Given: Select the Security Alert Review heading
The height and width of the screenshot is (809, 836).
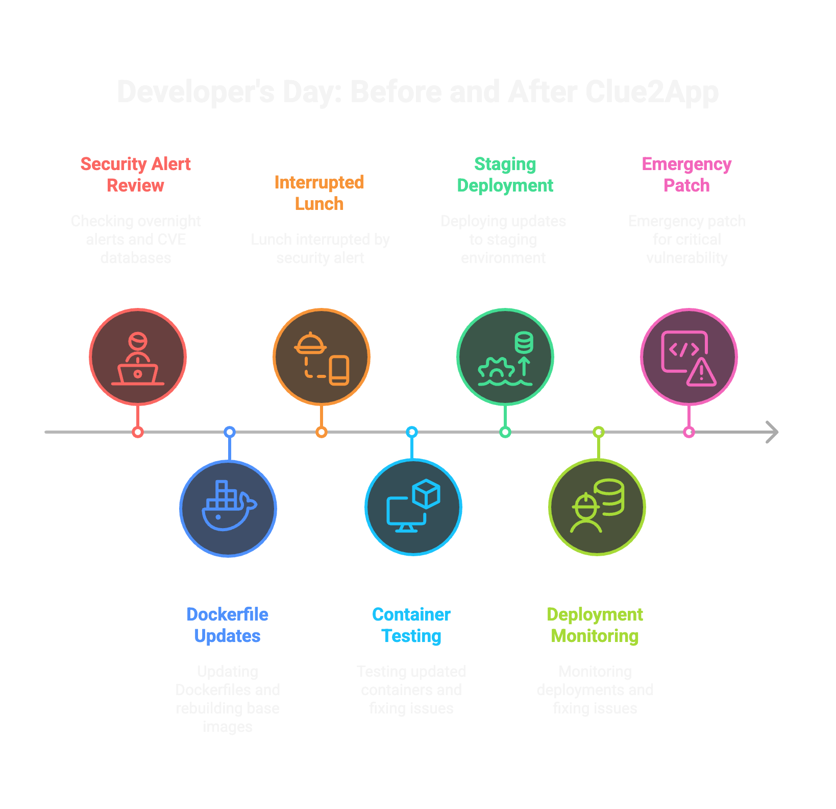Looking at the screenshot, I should coord(136,175).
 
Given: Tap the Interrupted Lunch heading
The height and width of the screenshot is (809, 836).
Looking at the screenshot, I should coord(319,193).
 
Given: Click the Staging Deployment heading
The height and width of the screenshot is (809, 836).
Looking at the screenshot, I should coord(505,175).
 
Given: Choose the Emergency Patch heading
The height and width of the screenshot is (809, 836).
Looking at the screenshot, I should coord(686,175).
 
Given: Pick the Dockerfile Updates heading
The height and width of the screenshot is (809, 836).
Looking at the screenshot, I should coord(228,625).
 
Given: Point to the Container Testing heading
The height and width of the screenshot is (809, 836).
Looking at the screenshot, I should coord(411,625).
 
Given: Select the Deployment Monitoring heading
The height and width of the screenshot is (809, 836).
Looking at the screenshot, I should coord(595,625).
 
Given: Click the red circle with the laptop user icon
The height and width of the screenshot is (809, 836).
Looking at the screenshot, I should coord(138,357).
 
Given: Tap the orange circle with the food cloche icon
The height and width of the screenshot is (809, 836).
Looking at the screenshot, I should coord(322,357).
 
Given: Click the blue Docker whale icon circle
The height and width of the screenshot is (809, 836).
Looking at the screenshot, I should coord(228,508).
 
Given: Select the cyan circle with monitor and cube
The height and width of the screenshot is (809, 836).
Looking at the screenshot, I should coord(413,507).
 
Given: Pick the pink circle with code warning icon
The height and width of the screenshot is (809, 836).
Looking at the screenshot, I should coord(689,357).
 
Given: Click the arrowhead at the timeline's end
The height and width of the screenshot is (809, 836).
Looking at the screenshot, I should coord(773,432).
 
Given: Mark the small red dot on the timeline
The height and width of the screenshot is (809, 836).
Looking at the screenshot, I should coord(138,432).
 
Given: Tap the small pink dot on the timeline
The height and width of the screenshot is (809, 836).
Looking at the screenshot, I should coord(689,432).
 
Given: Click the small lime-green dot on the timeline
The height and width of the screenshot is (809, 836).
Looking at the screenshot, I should coord(599,432).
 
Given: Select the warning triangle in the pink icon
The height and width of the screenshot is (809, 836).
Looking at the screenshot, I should coord(702,372).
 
